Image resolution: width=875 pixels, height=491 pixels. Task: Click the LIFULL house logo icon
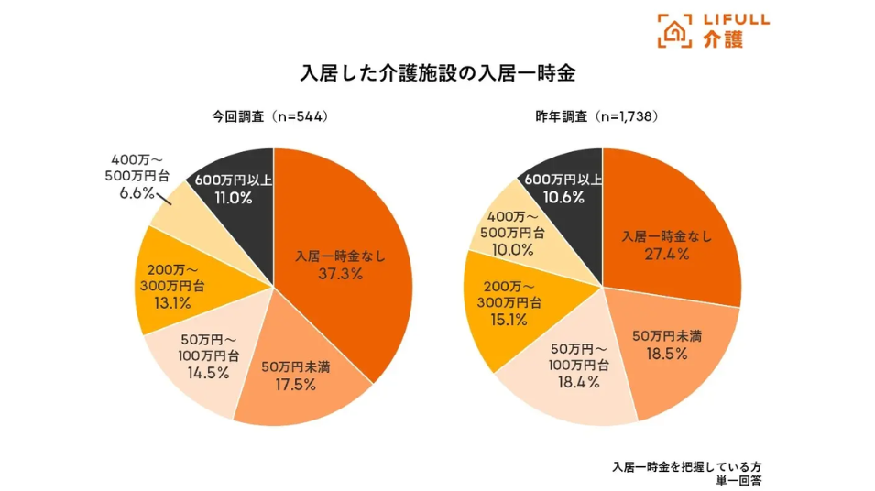tap(675, 31)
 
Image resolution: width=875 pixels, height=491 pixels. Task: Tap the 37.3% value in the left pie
tap(340, 275)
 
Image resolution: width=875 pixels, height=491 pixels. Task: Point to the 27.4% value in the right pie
tap(666, 255)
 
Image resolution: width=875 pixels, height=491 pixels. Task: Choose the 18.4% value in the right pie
tap(577, 382)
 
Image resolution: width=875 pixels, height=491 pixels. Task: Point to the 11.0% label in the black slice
tap(229, 197)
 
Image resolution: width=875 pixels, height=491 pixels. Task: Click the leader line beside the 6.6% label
tap(163, 198)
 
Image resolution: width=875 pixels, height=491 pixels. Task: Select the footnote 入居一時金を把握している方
tap(687, 465)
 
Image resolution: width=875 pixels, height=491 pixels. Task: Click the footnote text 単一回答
tap(741, 480)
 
